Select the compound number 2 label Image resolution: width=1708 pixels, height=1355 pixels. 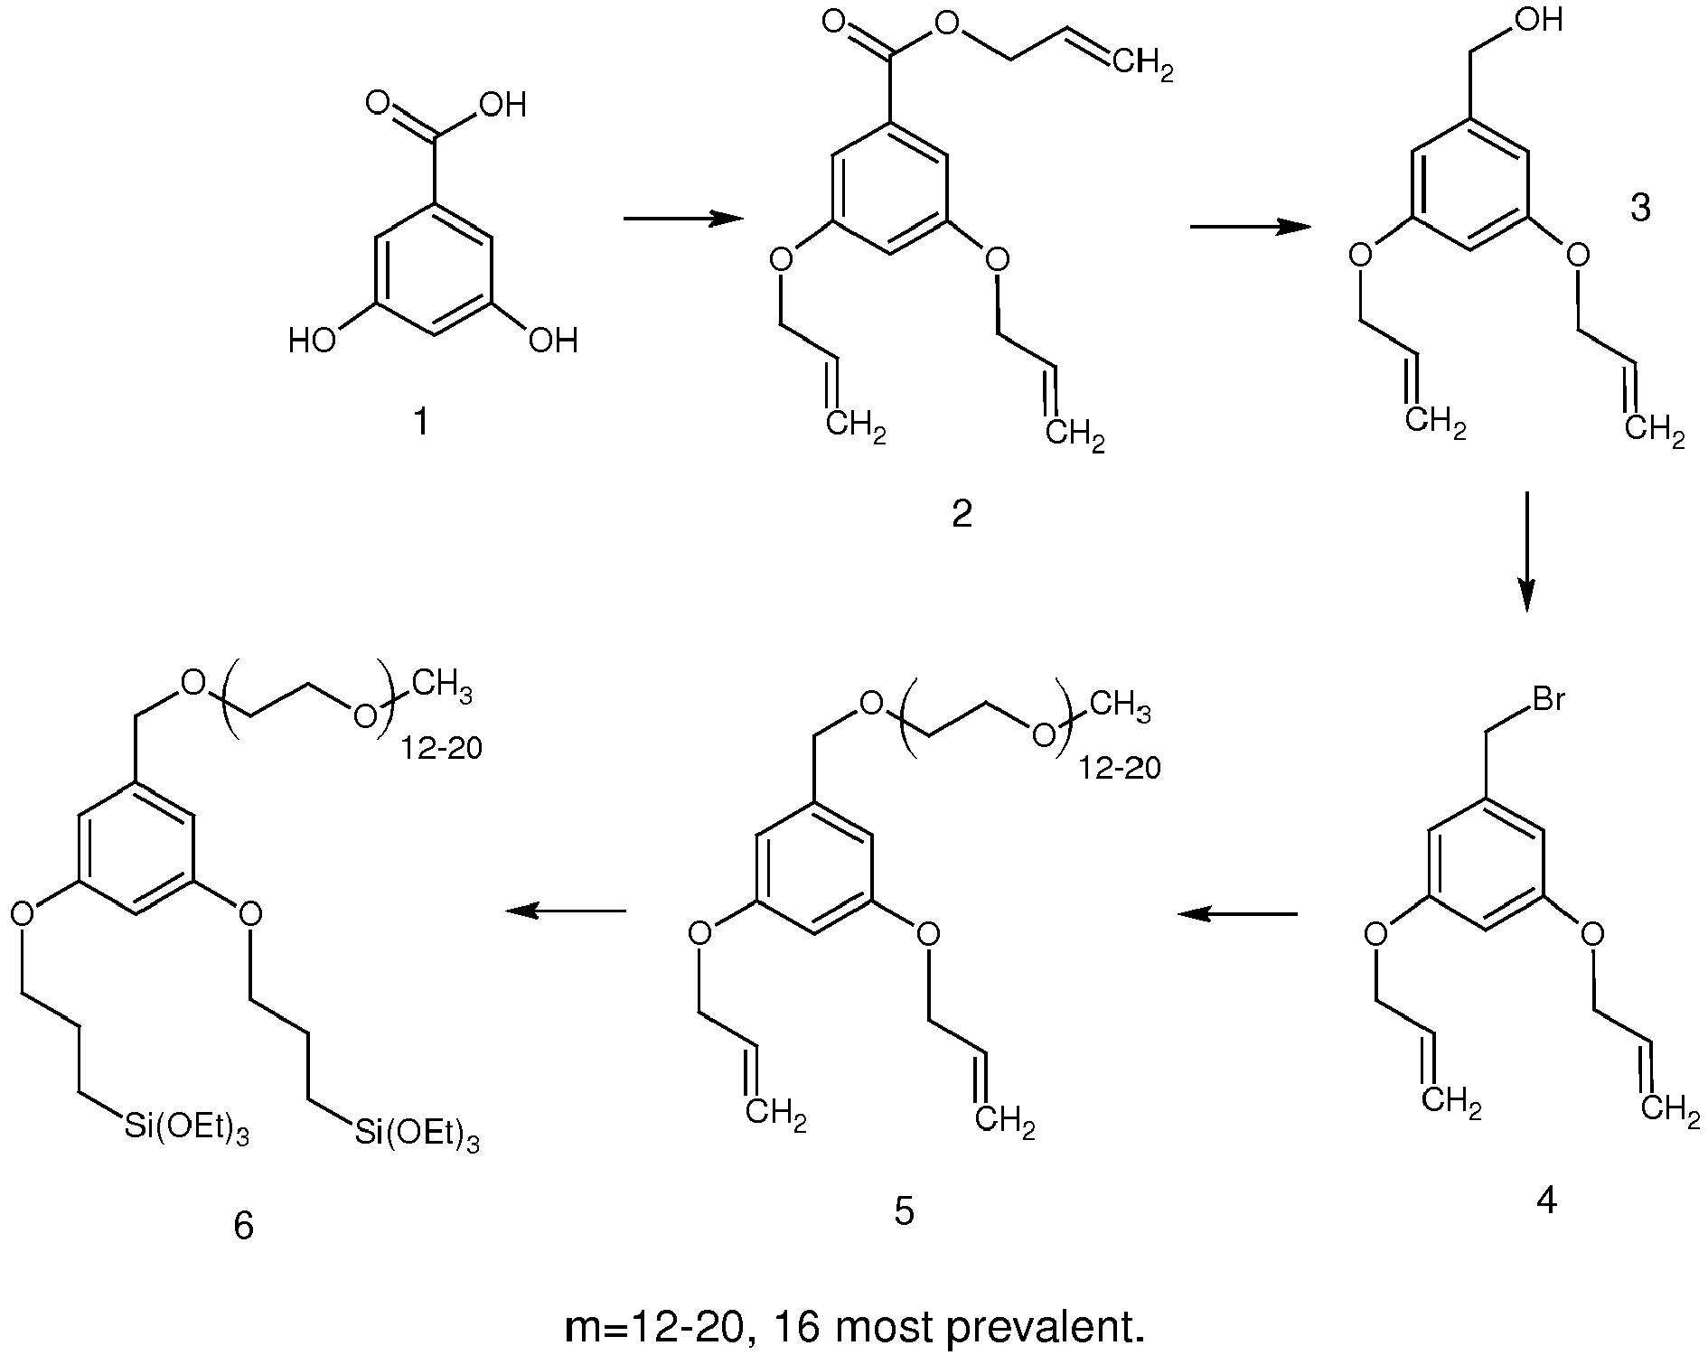tap(962, 514)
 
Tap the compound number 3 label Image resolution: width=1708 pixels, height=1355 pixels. tap(1639, 209)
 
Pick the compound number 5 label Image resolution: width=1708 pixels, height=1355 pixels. tap(905, 1211)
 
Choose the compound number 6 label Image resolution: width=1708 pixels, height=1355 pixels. tap(243, 1227)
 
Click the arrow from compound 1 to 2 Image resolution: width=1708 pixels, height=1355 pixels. tap(683, 219)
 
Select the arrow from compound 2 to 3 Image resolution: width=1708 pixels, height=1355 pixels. tap(1251, 227)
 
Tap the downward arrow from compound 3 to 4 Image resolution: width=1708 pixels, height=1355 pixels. tap(1526, 552)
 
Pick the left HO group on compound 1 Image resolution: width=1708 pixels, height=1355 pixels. tap(313, 341)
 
